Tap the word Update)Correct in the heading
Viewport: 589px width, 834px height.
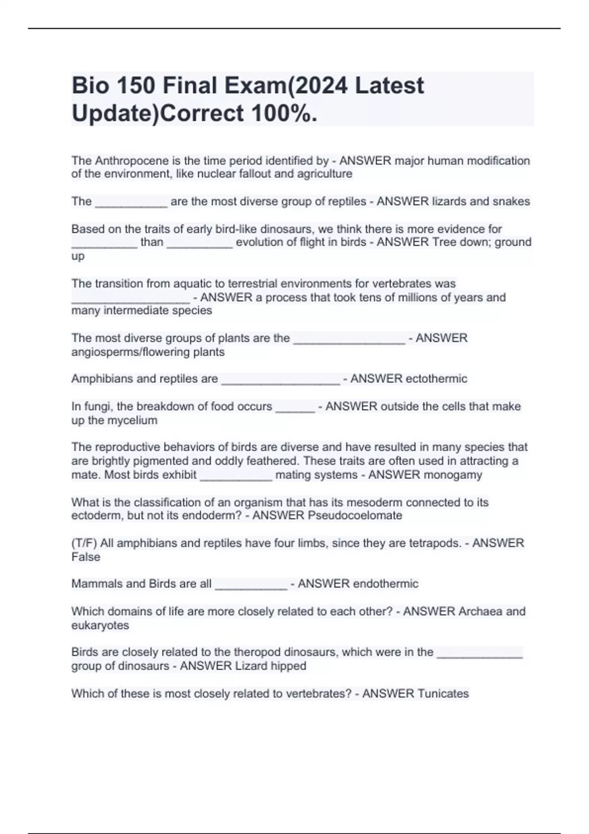pos(158,114)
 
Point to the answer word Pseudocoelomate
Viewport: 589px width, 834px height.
pos(355,516)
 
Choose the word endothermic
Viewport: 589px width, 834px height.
pos(386,584)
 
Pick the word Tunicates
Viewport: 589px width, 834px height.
pos(443,694)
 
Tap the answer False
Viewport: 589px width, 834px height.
pos(86,557)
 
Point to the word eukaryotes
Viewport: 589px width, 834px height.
pos(100,625)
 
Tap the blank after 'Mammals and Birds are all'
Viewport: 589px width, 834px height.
pos(251,585)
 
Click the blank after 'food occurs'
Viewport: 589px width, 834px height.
pos(295,408)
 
